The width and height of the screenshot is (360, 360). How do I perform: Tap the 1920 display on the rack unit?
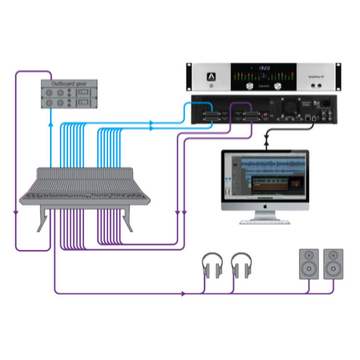[x=264, y=68]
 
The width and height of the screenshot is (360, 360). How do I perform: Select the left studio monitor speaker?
[x=309, y=263]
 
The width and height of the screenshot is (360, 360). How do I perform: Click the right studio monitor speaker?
[x=333, y=263]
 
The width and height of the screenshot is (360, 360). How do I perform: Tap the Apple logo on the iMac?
[x=265, y=206]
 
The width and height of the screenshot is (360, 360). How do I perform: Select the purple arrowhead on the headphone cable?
[x=183, y=294]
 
